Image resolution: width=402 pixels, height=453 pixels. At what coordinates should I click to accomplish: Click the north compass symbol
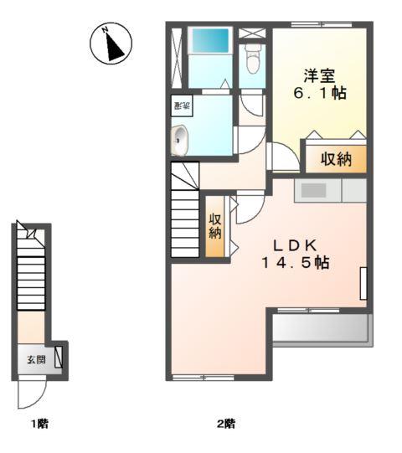[111, 44]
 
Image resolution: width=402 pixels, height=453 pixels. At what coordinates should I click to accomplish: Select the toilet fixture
[252, 59]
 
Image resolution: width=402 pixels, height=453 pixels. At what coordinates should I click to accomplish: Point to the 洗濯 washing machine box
[181, 106]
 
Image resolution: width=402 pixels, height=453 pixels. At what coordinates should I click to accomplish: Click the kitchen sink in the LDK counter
[313, 190]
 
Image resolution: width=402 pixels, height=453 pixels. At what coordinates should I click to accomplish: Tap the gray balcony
[320, 329]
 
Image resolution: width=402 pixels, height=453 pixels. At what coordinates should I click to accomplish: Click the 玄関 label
[35, 360]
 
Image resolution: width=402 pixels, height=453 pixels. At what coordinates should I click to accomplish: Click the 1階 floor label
[40, 424]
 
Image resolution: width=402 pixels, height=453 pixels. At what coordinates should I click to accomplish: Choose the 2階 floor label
[225, 424]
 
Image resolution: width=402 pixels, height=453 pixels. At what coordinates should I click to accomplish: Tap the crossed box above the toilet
[251, 33]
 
